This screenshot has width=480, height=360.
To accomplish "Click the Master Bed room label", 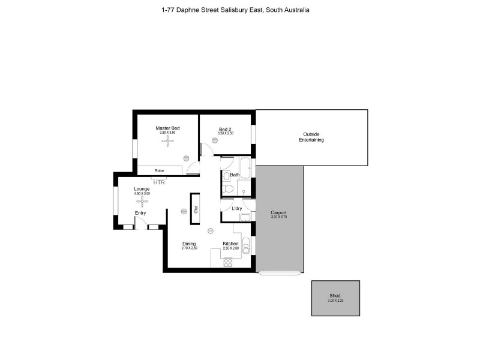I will (x=167, y=128).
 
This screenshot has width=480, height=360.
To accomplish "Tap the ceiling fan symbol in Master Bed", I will (x=168, y=141).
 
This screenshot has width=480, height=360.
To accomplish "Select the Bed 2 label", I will (x=225, y=128).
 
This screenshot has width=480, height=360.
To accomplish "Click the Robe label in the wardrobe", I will (x=159, y=170).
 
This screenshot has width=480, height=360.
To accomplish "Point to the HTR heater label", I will (x=159, y=181).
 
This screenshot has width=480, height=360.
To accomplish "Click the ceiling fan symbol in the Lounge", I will (x=142, y=201).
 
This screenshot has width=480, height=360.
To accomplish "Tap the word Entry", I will (x=140, y=213).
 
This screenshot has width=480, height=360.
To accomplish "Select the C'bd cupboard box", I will (x=196, y=209).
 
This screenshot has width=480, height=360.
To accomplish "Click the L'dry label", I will (x=236, y=208).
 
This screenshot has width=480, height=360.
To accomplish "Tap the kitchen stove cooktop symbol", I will (x=228, y=262).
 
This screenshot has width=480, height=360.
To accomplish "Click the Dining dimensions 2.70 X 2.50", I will (x=190, y=248).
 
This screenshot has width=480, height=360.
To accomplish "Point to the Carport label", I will (x=278, y=212).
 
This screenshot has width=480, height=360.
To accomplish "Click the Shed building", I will (x=335, y=298).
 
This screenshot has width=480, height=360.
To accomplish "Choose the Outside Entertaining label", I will (x=311, y=137).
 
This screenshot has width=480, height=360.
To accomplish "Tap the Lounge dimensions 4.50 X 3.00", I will (x=142, y=194).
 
